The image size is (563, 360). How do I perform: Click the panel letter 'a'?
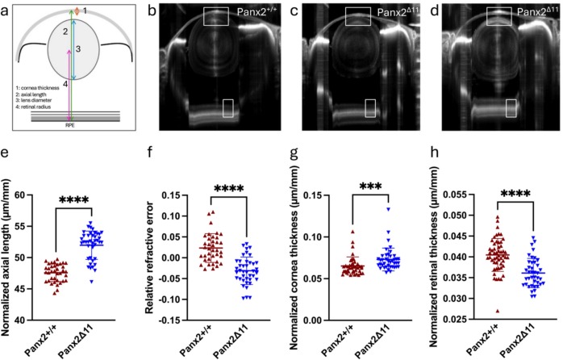click(x=10, y=11)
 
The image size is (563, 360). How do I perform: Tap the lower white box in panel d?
click(x=511, y=108)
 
